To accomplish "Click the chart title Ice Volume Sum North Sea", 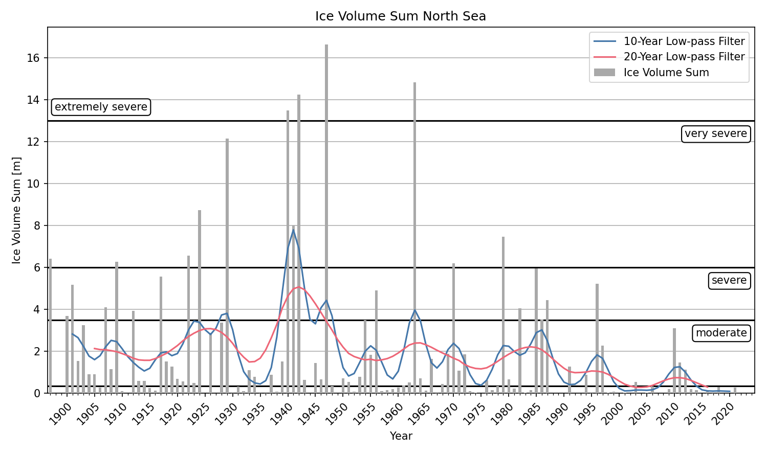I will pos(401,16).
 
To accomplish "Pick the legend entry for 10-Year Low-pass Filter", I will pos(684,41).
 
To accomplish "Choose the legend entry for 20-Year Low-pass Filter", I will pos(684,57).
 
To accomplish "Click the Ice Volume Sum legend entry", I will pos(666,73).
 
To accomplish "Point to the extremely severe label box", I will pos(101,107).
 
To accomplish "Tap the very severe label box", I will pos(715,133).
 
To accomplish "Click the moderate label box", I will pos(721,333).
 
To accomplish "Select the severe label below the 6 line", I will pos(729,280).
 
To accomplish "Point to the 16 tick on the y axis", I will pos(33,58).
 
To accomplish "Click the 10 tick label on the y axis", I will pos(33,184).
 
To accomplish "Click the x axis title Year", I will pos(401,436).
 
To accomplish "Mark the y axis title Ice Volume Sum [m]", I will pos(17,210).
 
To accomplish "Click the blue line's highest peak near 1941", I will pos(293,230).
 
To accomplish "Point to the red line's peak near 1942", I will pos(299,287).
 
